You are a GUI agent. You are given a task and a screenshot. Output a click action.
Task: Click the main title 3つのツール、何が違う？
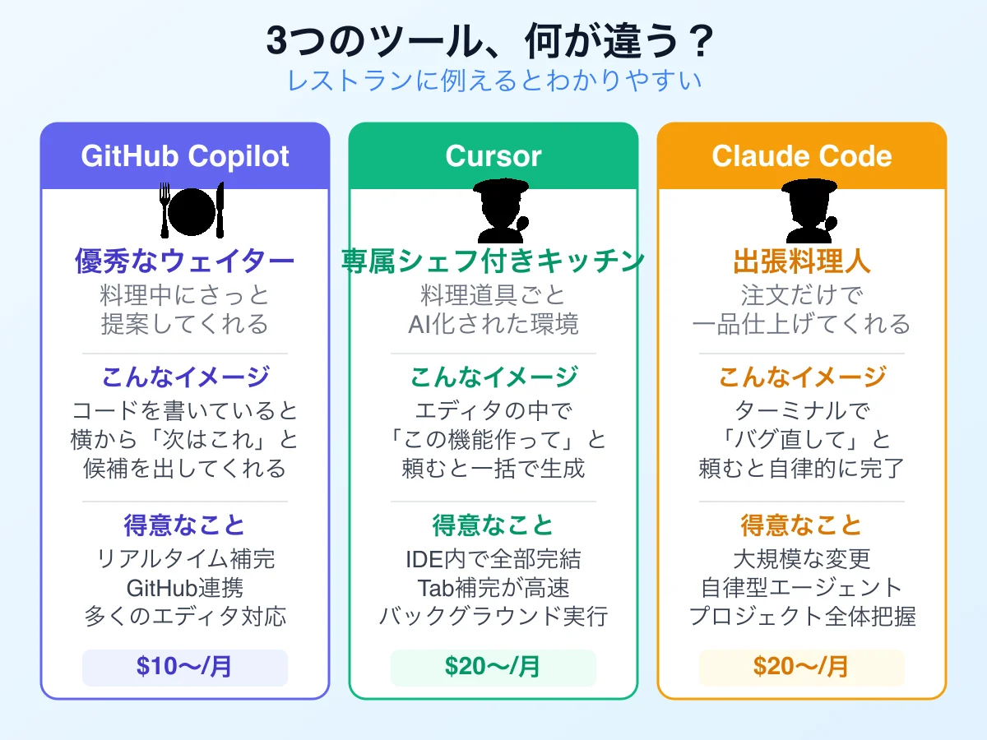pyautogui.click(x=493, y=40)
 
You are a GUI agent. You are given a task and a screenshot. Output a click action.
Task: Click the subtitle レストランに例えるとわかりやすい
pyautogui.click(x=493, y=81)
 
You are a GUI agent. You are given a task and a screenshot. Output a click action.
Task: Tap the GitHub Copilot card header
pyautogui.click(x=185, y=156)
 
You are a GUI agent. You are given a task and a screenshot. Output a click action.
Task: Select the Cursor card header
pyautogui.click(x=493, y=156)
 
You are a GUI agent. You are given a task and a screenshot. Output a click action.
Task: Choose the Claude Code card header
pyautogui.click(x=802, y=156)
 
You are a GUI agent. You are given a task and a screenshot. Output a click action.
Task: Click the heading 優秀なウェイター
pyautogui.click(x=185, y=261)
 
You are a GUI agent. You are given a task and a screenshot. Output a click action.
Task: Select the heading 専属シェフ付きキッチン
pyautogui.click(x=493, y=261)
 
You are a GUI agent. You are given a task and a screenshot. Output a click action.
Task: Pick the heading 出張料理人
pyautogui.click(x=802, y=261)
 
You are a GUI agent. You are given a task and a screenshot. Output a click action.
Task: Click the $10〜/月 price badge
pyautogui.click(x=185, y=667)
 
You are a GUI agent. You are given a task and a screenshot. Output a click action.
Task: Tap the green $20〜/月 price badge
pyautogui.click(x=493, y=667)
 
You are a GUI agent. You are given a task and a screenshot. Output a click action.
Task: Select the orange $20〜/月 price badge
pyautogui.click(x=802, y=667)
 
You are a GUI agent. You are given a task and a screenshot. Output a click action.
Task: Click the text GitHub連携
pyautogui.click(x=185, y=588)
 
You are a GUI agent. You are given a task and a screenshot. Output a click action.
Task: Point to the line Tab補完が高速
pyautogui.click(x=493, y=588)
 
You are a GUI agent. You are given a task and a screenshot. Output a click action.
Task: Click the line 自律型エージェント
pyautogui.click(x=802, y=588)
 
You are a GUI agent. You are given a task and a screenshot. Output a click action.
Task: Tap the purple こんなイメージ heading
pyautogui.click(x=185, y=377)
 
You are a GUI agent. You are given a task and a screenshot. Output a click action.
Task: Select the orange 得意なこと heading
pyautogui.click(x=802, y=525)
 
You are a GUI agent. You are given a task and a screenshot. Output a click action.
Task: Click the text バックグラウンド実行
pyautogui.click(x=493, y=616)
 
